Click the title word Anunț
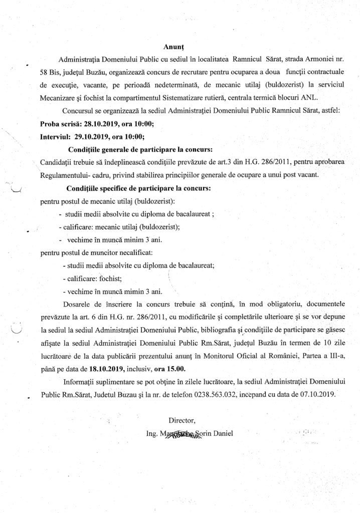pos(174,47)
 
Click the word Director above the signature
pos(182,420)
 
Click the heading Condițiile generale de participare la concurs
pos(139,149)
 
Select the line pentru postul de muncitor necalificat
pos(96,252)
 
